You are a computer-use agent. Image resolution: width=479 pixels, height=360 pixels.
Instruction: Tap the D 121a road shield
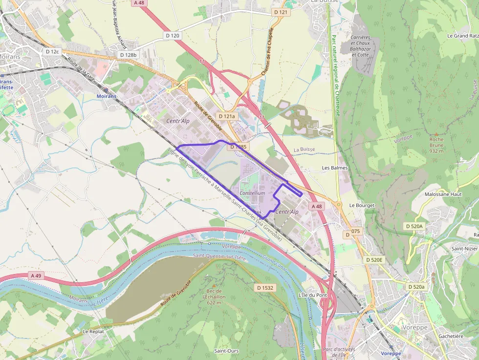coord(227,116)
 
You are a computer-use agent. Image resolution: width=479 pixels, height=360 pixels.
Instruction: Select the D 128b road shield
coord(129,55)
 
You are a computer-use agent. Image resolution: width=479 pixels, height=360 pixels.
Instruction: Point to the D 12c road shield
coord(52,51)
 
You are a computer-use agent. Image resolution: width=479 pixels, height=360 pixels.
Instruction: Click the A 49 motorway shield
coord(36,275)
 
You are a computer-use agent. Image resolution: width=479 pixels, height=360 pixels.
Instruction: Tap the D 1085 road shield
coord(239,147)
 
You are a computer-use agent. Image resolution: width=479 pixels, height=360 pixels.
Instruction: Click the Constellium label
coord(252,193)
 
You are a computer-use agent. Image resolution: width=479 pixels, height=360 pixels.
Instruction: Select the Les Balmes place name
coord(335,168)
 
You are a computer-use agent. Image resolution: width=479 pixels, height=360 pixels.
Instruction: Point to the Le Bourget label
coord(362,206)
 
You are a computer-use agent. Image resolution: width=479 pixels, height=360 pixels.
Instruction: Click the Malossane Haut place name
coord(443,194)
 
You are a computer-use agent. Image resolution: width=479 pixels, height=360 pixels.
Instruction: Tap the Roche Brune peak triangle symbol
coord(436,134)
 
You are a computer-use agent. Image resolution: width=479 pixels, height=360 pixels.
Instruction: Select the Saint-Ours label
coord(226,351)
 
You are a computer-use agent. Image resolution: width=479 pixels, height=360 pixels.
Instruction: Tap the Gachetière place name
coord(451,336)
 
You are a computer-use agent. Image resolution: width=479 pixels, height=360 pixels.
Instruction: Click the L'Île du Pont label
coord(312,296)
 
